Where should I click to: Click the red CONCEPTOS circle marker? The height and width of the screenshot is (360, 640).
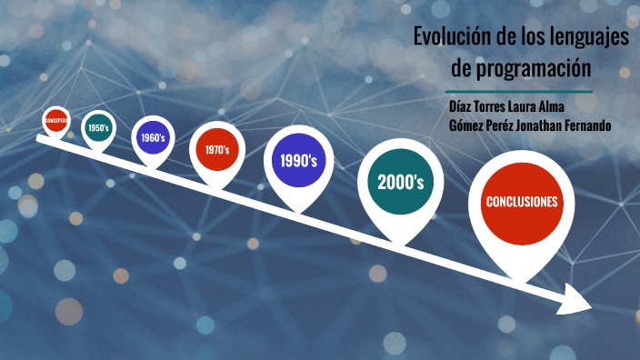coord(56,120)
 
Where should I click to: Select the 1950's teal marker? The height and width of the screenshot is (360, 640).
coord(98,128)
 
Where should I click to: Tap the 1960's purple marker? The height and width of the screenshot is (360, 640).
coord(153,138)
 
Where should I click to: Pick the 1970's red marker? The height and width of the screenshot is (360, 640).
coord(216,149)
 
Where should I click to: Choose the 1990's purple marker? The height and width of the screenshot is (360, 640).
coord(298,162)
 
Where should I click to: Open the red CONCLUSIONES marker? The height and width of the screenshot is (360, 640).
coord(521,202)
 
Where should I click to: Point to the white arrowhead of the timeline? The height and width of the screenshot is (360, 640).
coord(575,299)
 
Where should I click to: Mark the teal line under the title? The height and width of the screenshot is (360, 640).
coord(520,92)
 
